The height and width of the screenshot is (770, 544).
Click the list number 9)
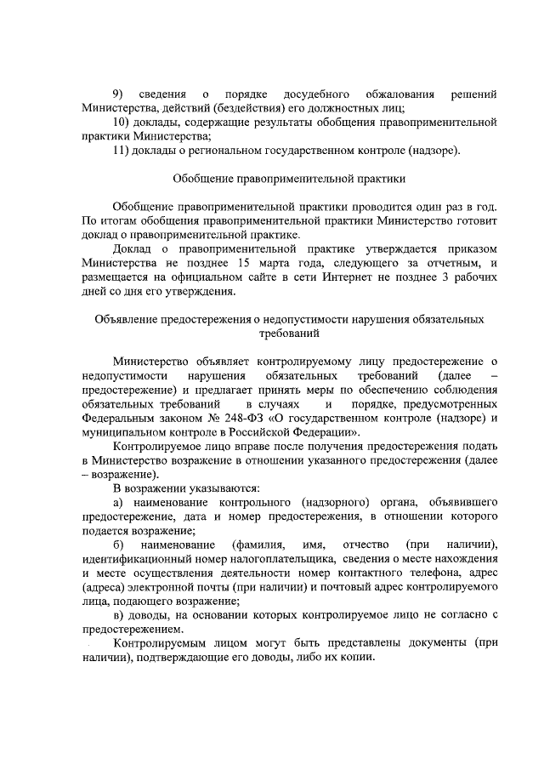pos(119,93)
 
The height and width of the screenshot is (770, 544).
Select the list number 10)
pos(123,123)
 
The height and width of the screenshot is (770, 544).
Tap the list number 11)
pos(123,151)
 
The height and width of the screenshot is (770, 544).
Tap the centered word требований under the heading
pos(289,335)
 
